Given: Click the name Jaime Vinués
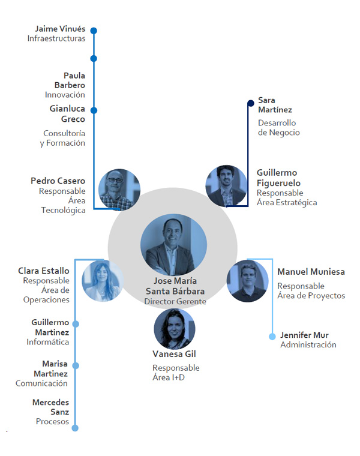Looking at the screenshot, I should click(x=60, y=28).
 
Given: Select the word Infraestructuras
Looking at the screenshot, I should click(x=56, y=38).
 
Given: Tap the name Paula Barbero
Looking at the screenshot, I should click(x=74, y=80).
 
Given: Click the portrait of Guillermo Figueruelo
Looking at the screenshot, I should click(x=227, y=187).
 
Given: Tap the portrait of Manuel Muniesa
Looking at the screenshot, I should click(x=247, y=280).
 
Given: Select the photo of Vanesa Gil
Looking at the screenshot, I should click(x=175, y=329).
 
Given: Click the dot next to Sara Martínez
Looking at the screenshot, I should click(x=251, y=103).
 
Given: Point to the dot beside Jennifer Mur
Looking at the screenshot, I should click(x=272, y=337).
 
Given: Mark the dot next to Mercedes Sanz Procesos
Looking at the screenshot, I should click(x=75, y=428).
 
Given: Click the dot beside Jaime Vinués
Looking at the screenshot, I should click(x=94, y=31).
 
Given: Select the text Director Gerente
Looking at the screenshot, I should click(x=175, y=301).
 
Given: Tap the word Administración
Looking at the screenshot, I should click(x=308, y=345).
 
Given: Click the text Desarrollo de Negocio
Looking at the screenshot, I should click(x=278, y=127).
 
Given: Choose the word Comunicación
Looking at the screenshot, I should click(x=41, y=383).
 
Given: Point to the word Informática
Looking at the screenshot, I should click(x=47, y=342).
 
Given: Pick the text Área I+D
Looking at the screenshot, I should click(x=169, y=377).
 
